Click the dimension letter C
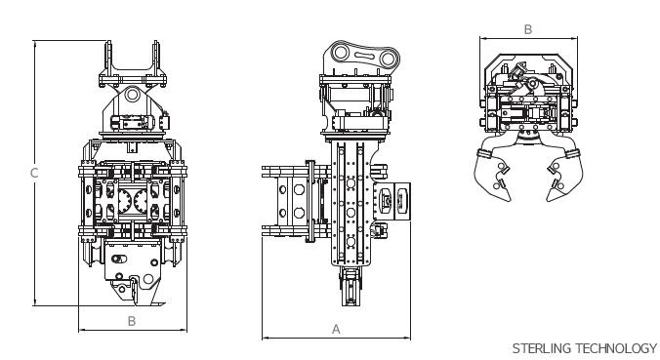[x=34, y=173]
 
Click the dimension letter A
[x=336, y=330]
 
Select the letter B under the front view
[x=132, y=321]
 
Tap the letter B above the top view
[x=528, y=30]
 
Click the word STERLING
[x=542, y=348]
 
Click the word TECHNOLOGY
[x=616, y=348]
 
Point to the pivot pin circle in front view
[x=132, y=94]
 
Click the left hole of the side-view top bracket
[x=340, y=53]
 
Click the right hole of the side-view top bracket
[x=388, y=58]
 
